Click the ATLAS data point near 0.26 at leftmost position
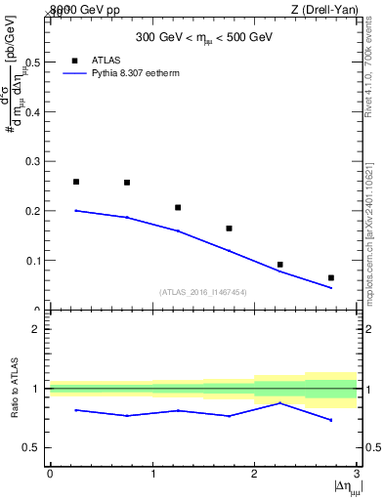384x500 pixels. pyautogui.click(x=76, y=182)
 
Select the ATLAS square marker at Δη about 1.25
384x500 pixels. pyautogui.click(x=178, y=207)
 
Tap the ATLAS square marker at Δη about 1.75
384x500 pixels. pyautogui.click(x=229, y=229)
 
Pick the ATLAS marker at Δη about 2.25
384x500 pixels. pyautogui.click(x=280, y=265)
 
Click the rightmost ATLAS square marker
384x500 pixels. pyautogui.click(x=331, y=278)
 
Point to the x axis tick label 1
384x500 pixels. pyautogui.click(x=152, y=475)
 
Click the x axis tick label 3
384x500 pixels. pyautogui.click(x=357, y=475)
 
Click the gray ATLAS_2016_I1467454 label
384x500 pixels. pyautogui.click(x=202, y=291)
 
